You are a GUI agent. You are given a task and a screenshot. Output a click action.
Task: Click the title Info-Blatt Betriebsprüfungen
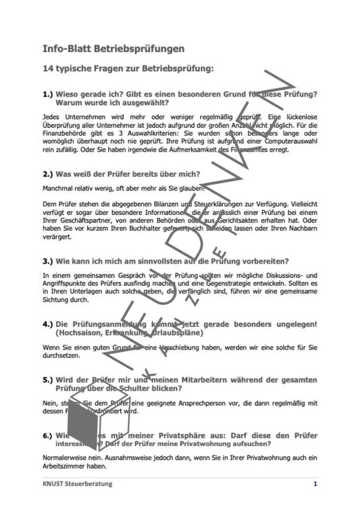(113, 49)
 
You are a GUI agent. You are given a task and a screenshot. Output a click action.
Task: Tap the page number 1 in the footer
(315, 484)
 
